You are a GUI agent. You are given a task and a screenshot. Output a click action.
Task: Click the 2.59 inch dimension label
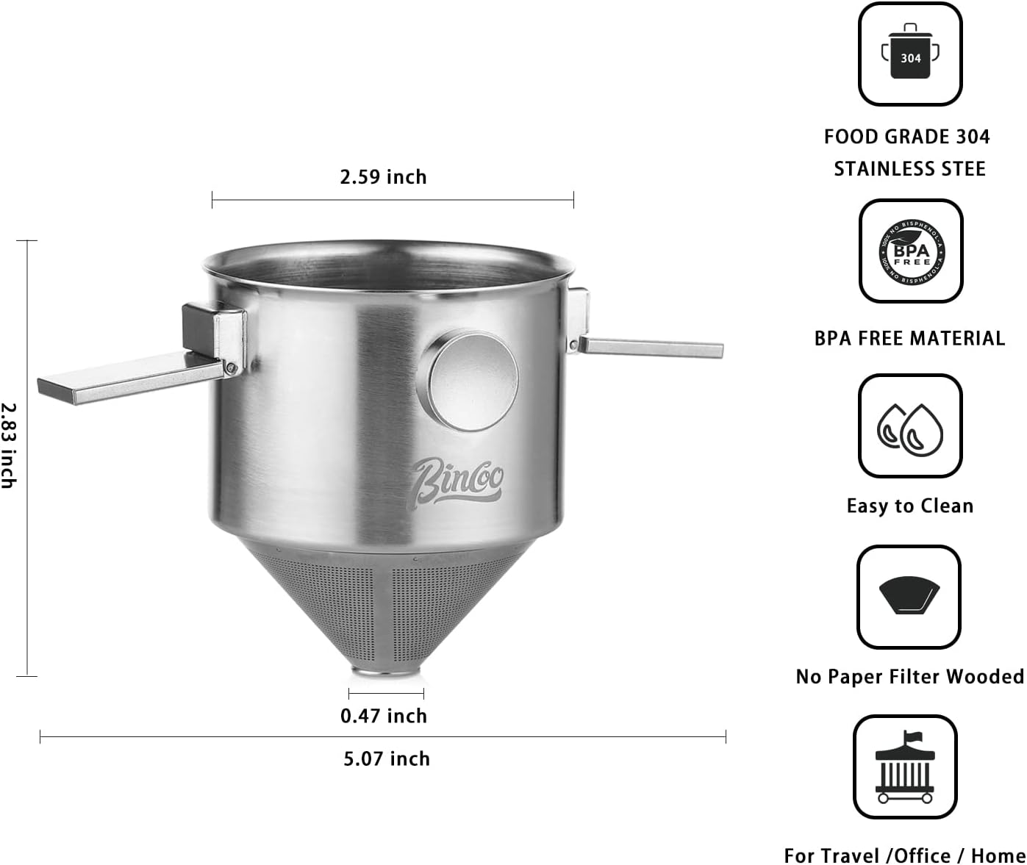click(x=383, y=177)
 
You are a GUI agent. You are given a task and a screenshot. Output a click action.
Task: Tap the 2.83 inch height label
click(x=9, y=445)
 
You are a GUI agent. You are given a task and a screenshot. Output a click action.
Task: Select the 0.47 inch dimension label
click(x=383, y=716)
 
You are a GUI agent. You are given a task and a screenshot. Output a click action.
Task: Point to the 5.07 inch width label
click(x=387, y=758)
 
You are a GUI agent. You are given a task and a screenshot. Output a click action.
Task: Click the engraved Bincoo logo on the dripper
click(x=457, y=481)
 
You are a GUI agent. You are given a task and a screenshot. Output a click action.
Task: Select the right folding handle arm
click(x=651, y=347)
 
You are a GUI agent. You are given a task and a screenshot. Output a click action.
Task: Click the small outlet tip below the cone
click(x=385, y=672)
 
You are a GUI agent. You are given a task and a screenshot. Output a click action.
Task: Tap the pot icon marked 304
click(x=910, y=54)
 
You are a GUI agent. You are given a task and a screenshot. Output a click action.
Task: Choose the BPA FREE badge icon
click(x=911, y=251)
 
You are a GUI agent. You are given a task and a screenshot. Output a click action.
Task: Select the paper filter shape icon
click(x=909, y=595)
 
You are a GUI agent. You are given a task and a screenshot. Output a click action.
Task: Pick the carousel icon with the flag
click(x=905, y=767)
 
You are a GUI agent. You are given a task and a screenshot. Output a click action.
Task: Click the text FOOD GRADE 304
click(x=906, y=137)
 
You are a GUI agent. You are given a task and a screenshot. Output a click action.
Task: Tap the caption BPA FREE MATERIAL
click(x=909, y=338)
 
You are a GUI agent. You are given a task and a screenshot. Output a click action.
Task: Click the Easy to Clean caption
click(x=909, y=506)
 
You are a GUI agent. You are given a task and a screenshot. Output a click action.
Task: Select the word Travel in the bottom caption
click(x=851, y=855)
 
